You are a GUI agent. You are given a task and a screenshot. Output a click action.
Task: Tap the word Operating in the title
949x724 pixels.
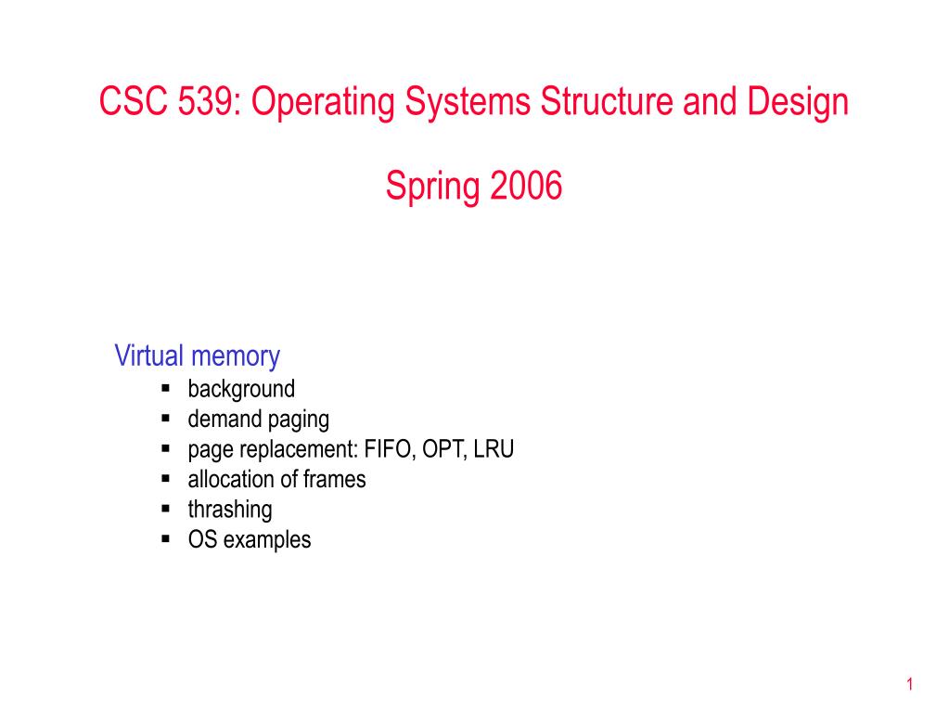323,103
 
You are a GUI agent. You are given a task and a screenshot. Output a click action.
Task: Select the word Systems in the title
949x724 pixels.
468,102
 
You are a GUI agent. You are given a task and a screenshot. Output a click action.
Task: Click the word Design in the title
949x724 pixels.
798,103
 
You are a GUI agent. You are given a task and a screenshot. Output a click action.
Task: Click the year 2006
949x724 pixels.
526,186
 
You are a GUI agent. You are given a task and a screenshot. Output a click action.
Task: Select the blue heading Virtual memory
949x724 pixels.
198,356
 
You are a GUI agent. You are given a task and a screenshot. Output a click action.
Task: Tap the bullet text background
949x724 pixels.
241,390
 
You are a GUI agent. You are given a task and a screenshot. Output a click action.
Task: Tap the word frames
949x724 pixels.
334,480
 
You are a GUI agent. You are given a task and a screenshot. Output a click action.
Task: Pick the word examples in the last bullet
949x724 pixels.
267,540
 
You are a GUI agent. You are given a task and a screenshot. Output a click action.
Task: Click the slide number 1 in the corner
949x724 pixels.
910,685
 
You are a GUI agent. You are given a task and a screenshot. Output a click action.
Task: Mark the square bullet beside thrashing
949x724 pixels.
166,509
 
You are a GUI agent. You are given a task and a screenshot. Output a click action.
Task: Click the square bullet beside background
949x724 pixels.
166,388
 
